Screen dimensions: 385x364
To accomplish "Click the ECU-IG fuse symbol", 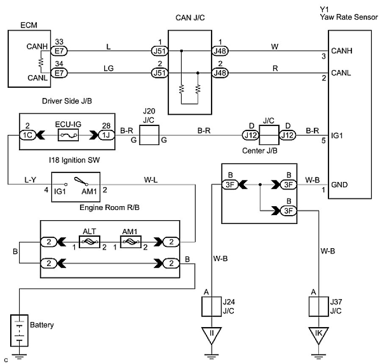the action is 68,135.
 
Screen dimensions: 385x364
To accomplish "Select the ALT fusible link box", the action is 89,242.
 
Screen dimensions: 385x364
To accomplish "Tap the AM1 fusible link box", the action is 130,242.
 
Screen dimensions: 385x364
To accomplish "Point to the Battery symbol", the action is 19,330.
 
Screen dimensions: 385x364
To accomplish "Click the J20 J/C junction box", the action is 149,135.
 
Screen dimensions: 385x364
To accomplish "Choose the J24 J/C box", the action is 211,306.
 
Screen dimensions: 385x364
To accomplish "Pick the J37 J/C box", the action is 319,306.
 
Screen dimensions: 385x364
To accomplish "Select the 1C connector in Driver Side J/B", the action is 28,135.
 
